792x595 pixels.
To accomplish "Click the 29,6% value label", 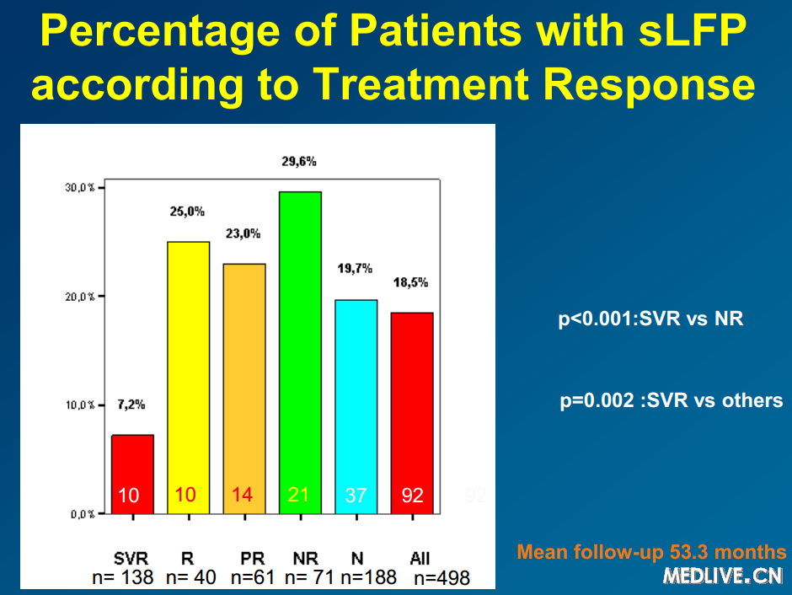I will tap(299, 162).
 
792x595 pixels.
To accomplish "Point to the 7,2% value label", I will tap(132, 405).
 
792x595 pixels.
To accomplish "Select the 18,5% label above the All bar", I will tap(412, 283).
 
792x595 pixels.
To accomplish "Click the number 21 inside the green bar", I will tap(299, 495).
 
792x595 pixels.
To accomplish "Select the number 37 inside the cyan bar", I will tap(356, 496).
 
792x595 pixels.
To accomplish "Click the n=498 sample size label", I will tap(441, 578).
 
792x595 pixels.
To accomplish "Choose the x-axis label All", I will tap(420, 559).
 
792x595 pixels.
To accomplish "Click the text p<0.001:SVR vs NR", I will tap(650, 319).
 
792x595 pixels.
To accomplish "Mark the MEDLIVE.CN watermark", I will tap(724, 576).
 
